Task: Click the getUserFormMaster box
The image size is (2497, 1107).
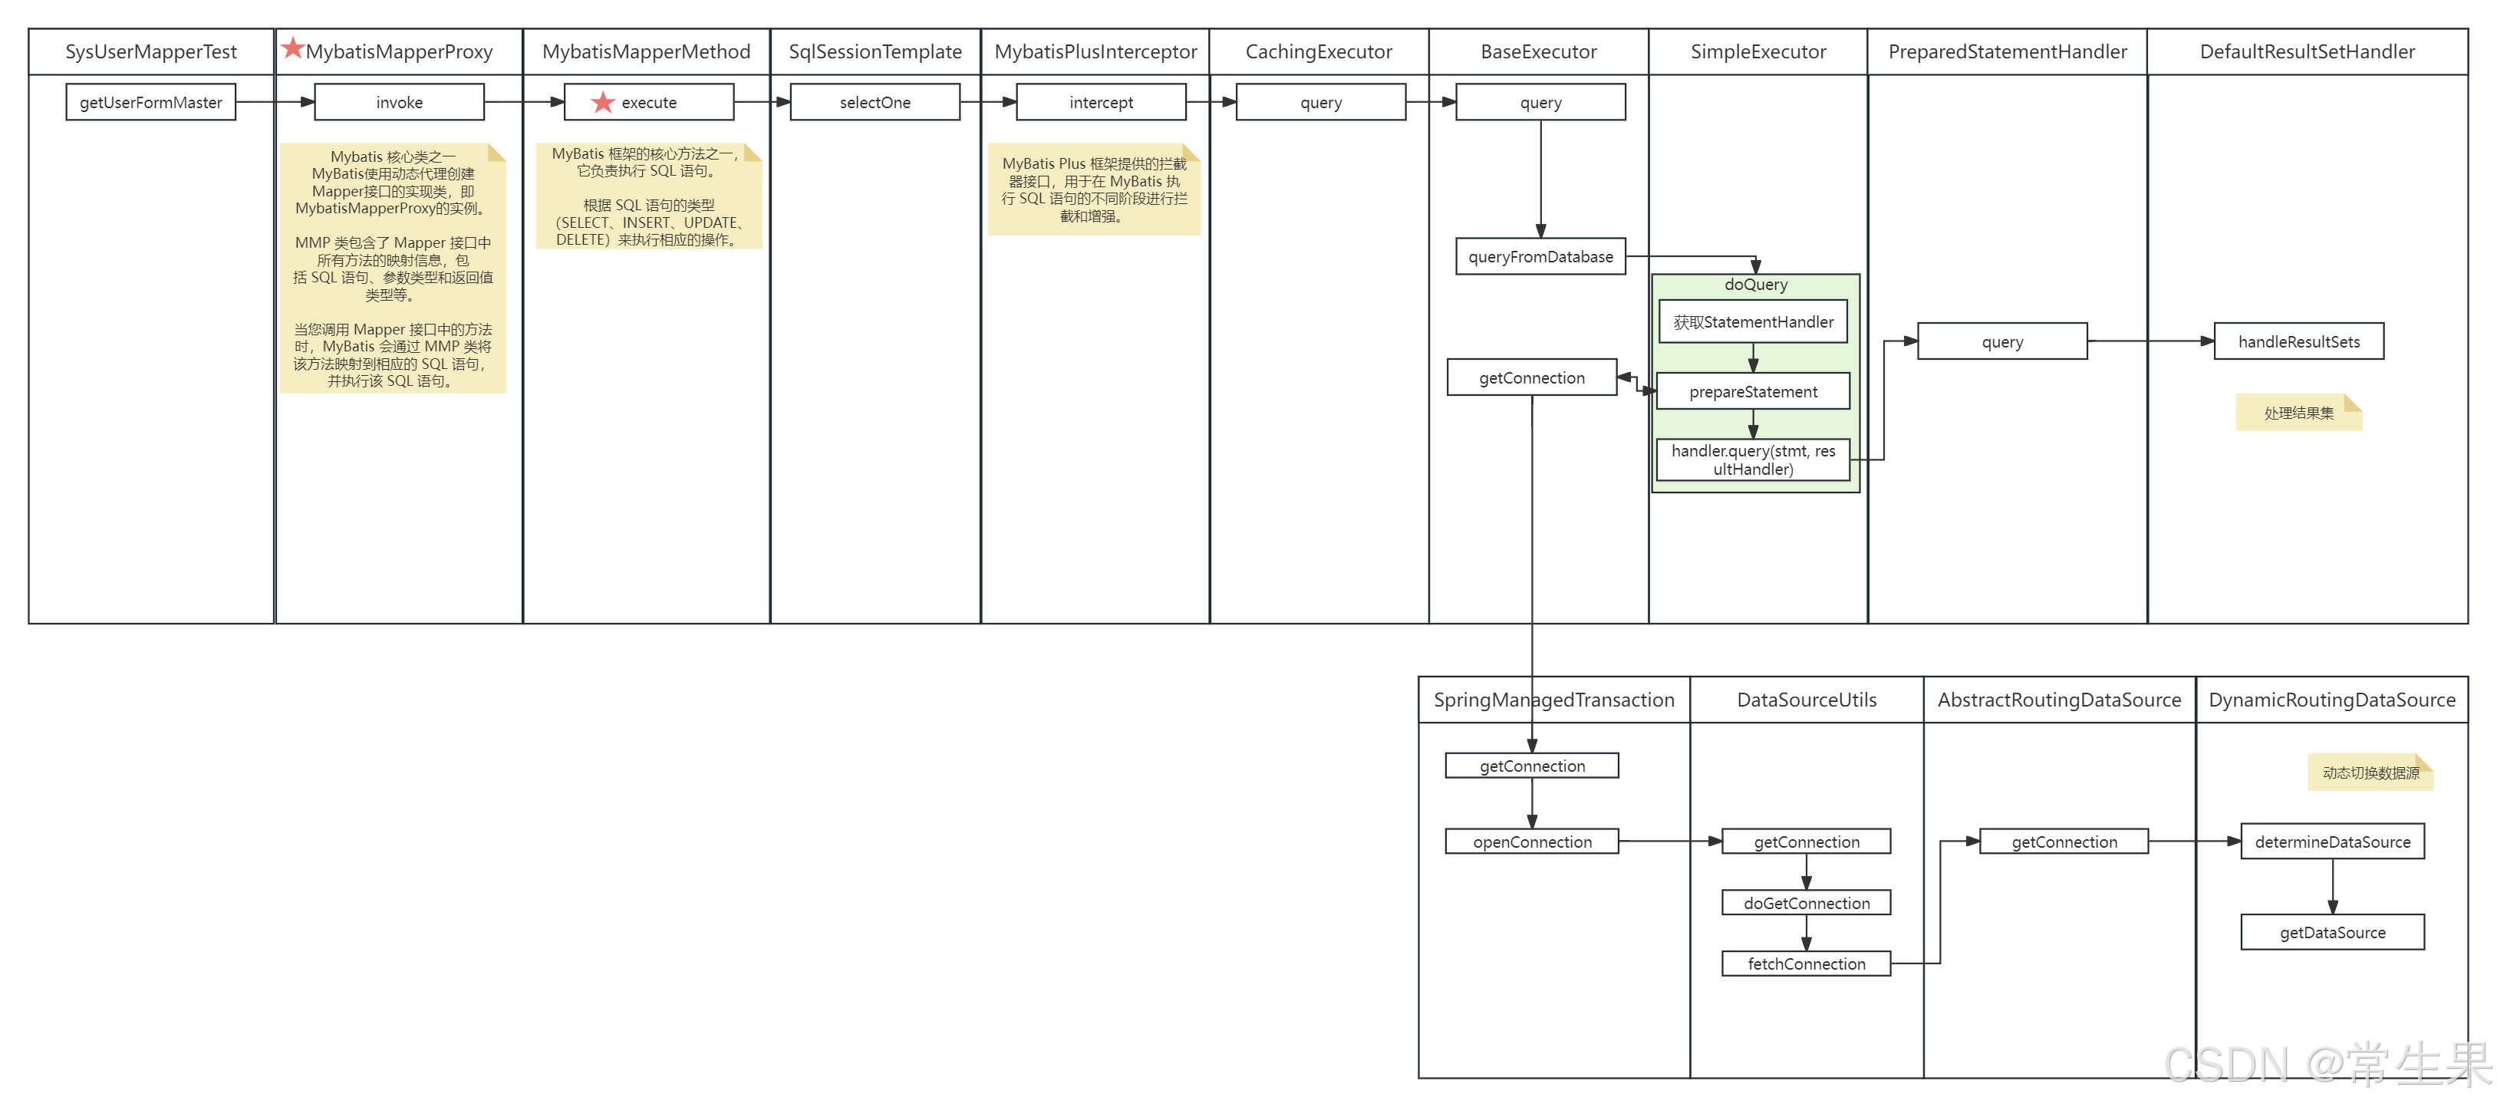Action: tap(150, 102)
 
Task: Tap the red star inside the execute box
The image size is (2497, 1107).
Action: tap(603, 102)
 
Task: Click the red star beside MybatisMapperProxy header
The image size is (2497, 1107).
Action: tap(292, 47)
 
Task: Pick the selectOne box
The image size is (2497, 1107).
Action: tap(875, 102)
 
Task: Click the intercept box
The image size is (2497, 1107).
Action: tap(1100, 102)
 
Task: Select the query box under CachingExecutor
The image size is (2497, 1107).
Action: tap(1320, 102)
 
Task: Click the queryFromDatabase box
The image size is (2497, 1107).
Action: tap(1540, 257)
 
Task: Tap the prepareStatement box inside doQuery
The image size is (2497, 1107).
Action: tap(1753, 391)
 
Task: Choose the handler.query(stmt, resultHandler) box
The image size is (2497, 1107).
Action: tap(1753, 460)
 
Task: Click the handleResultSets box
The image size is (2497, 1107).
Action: tap(2298, 341)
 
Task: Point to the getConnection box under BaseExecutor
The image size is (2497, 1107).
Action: tap(1530, 378)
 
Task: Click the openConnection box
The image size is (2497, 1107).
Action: tap(1531, 842)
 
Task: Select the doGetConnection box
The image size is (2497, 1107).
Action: tap(1806, 902)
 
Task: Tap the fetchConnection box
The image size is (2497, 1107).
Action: tap(1806, 964)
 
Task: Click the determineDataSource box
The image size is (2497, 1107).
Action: tap(2331, 842)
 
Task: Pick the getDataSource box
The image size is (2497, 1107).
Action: tap(2331, 933)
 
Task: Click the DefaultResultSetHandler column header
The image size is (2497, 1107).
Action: tap(2306, 51)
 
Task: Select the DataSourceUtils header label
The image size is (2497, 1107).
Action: tap(1806, 700)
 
